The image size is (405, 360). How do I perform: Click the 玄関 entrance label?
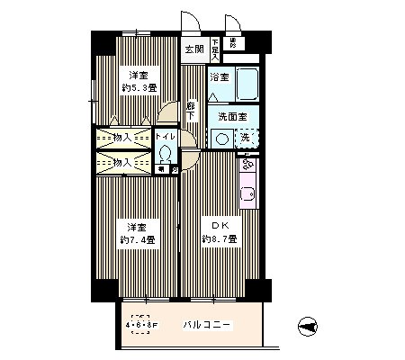click(x=193, y=49)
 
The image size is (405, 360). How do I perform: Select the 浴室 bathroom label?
click(x=220, y=78)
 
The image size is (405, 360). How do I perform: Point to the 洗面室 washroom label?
click(x=231, y=116)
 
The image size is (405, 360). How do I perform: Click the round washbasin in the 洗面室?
click(x=220, y=138)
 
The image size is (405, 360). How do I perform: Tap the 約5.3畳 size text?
click(x=137, y=88)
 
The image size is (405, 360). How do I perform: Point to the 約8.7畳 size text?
click(x=219, y=239)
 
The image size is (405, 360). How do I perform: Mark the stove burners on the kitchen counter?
click(x=248, y=166)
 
